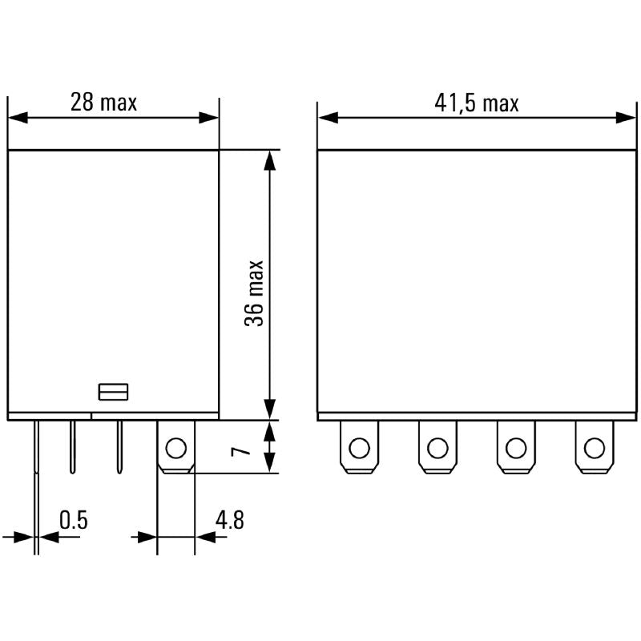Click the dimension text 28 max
pos(103,102)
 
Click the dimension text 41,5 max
pos(477,103)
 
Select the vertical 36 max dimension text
pos(255,292)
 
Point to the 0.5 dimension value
pos(73,520)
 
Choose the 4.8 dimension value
pos(229,520)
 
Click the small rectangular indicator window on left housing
pos(113,391)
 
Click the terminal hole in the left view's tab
pos(175,447)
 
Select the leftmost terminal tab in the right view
pos(359,447)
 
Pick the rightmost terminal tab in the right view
pos(593,447)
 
